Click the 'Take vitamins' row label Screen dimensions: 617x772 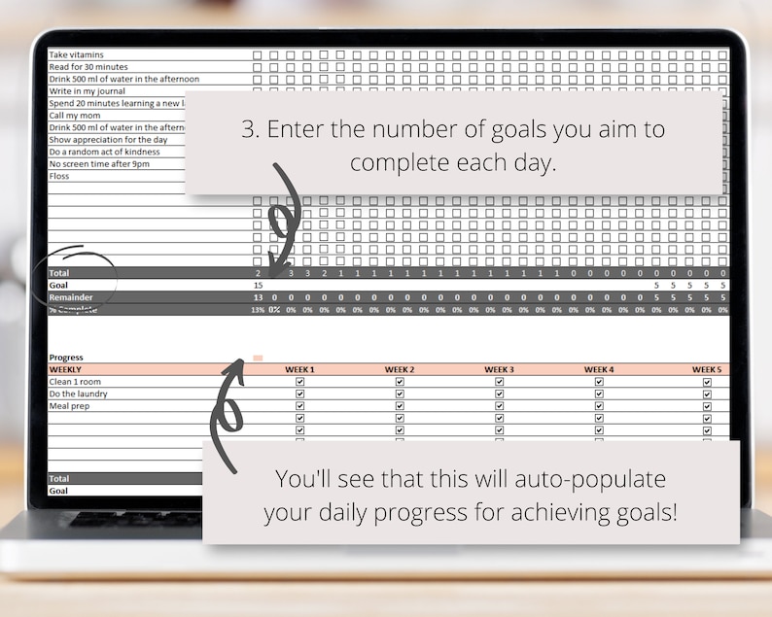76,54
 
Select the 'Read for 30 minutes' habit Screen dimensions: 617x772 89,67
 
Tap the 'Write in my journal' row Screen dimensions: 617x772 87,91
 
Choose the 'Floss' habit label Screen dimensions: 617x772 59,176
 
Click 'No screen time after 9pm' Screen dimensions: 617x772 100,163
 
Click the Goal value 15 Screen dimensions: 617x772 258,286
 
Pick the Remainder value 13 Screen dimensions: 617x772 257,297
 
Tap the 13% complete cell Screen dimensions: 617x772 257,310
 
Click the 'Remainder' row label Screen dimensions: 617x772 71,297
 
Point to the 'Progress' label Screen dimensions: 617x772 66,358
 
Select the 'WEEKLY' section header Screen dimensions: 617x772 65,370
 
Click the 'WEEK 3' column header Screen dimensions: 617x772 499,370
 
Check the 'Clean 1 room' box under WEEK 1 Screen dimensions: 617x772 299,383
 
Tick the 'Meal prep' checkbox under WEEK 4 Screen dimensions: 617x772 599,406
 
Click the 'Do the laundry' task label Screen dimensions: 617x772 79,394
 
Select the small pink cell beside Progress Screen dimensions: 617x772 258,358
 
